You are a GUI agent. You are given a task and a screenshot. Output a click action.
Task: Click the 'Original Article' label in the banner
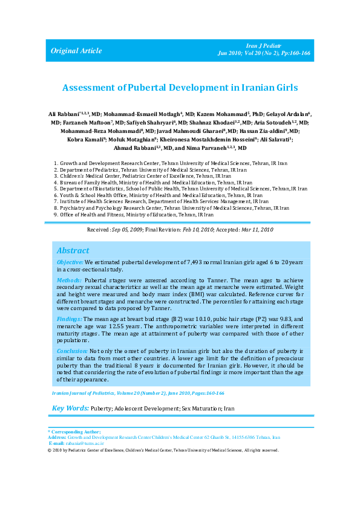pyautogui.click(x=76, y=51)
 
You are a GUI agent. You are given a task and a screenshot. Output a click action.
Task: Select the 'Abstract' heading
pyautogui.click(x=73, y=250)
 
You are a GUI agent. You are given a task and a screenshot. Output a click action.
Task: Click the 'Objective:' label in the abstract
pyautogui.click(x=70, y=262)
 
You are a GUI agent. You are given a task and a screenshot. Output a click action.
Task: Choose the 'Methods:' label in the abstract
pyautogui.click(x=68, y=282)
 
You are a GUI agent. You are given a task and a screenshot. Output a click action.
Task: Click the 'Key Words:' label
pyautogui.click(x=70, y=409)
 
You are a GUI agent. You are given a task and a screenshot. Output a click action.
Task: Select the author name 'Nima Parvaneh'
pyautogui.click(x=202, y=148)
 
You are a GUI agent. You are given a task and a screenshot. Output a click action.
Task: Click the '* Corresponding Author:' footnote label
pyautogui.click(x=74, y=432)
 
